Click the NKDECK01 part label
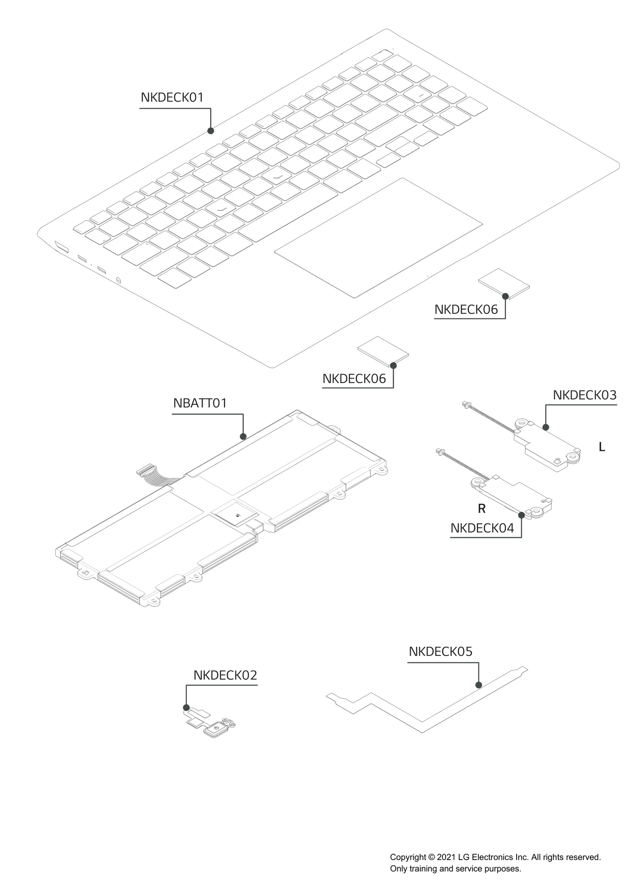[172, 98]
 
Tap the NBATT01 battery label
[200, 403]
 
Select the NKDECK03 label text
[584, 395]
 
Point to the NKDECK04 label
[482, 528]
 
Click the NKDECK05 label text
[440, 651]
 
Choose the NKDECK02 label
[225, 676]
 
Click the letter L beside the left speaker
[602, 447]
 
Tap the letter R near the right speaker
[481, 509]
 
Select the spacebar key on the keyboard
[288, 213]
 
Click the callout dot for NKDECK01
[211, 131]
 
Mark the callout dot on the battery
[243, 437]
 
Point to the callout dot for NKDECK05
[478, 685]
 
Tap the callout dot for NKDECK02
[186, 708]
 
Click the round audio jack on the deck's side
[119, 280]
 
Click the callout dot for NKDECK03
[545, 427]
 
